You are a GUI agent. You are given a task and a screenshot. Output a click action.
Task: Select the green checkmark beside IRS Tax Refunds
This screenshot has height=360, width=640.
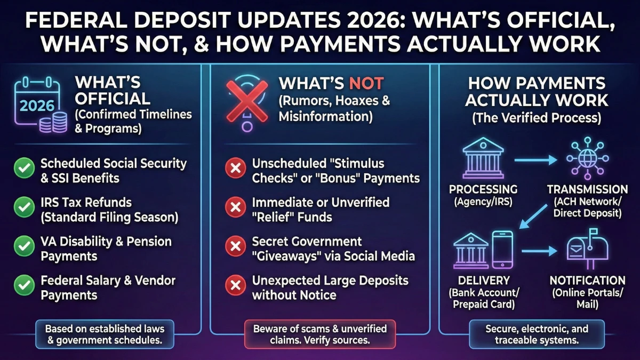click(24, 209)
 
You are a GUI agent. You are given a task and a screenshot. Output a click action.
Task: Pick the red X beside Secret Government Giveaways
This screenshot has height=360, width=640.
click(235, 247)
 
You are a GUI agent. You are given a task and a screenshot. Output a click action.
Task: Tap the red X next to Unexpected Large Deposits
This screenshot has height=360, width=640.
click(235, 286)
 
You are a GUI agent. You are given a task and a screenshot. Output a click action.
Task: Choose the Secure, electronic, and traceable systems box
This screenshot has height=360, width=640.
click(537, 334)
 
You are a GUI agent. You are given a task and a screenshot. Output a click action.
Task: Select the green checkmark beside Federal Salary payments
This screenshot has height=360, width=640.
click(24, 286)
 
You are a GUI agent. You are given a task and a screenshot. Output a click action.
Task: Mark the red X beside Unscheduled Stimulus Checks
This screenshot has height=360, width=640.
click(235, 170)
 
